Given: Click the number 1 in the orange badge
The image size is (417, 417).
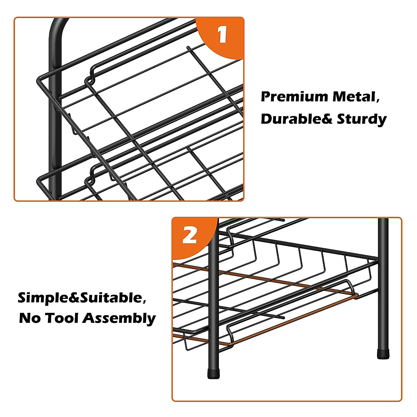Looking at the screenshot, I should (222, 34).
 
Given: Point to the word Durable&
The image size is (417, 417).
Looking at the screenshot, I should (297, 119).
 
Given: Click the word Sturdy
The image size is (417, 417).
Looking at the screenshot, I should (362, 120).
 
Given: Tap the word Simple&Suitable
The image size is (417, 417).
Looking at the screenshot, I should (80, 298).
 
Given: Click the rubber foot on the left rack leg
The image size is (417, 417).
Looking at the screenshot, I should (213, 374).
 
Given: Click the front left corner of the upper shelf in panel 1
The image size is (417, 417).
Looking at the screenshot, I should (38, 81).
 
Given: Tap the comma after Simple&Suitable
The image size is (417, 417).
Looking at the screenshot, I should (144, 302).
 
